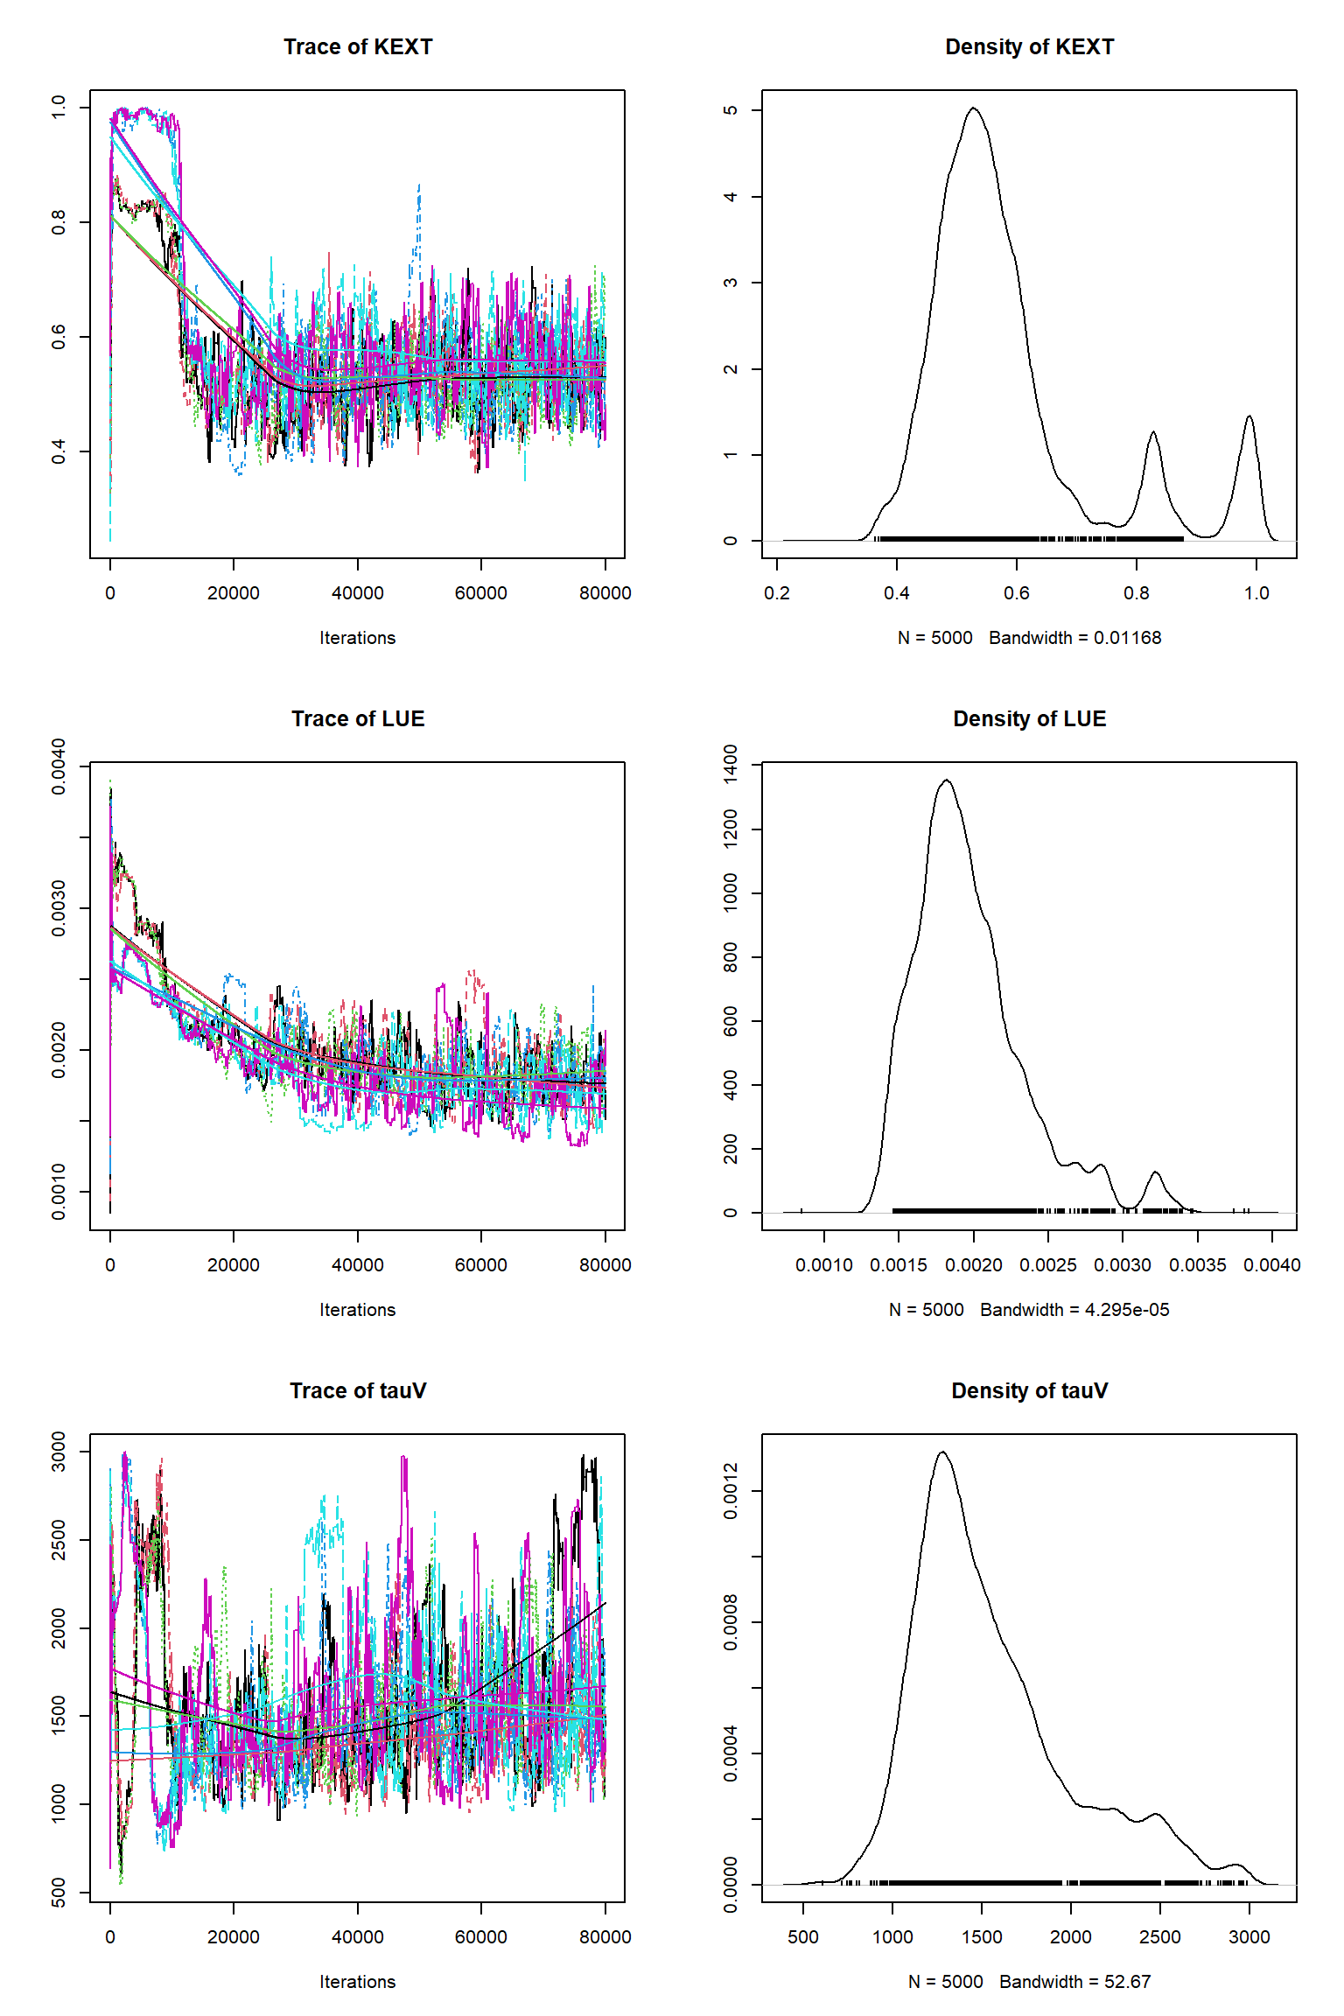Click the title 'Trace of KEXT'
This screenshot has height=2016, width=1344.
[357, 47]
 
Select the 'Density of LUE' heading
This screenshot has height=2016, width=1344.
[1029, 719]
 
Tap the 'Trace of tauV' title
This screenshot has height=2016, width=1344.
[357, 1391]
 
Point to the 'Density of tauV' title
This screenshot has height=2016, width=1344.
[1029, 1391]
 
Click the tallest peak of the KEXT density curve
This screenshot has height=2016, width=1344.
[973, 109]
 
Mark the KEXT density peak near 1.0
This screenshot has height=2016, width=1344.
[1249, 417]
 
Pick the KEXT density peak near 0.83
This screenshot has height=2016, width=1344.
[1153, 433]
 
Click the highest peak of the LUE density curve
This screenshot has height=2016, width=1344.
[946, 781]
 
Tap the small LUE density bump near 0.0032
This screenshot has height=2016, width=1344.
[1156, 1172]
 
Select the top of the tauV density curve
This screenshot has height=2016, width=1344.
[942, 1452]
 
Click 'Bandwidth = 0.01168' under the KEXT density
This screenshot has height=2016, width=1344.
[1074, 638]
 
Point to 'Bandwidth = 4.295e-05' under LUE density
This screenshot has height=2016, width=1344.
[1074, 1310]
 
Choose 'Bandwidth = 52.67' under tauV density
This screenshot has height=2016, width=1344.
[1074, 1982]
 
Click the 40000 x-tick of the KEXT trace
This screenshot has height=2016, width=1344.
[357, 593]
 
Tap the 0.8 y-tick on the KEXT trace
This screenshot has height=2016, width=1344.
[59, 222]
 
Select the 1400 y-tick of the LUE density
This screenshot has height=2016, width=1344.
[731, 765]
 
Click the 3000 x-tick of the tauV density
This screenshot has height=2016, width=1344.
[1249, 1937]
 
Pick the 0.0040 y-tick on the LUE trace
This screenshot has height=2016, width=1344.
[59, 766]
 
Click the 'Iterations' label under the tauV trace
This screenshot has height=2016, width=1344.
[357, 1982]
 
